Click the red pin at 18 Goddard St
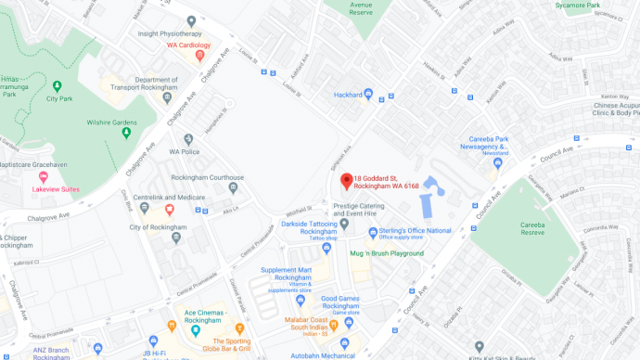click(347, 180)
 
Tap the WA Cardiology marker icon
click(199, 58)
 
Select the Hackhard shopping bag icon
click(367, 95)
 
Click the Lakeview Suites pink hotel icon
click(43, 176)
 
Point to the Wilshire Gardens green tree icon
click(127, 134)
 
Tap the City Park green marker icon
click(57, 86)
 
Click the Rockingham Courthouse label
click(213, 177)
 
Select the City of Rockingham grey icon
click(176, 238)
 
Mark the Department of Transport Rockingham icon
click(167, 96)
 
